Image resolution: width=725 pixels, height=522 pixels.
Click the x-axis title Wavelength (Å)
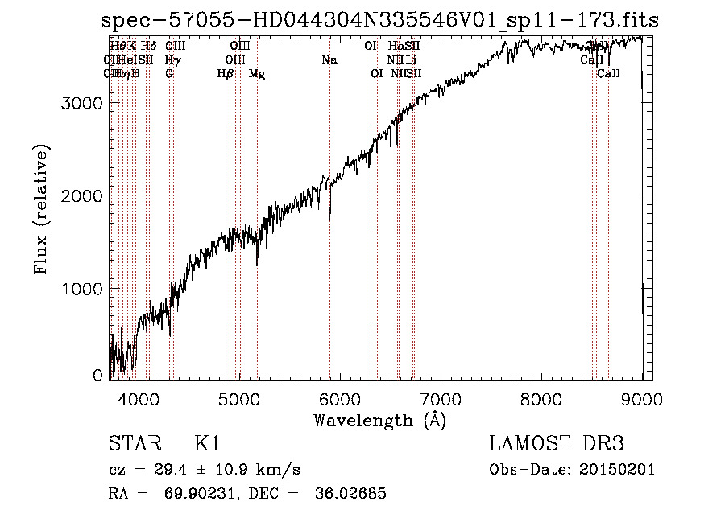pyautogui.click(x=379, y=420)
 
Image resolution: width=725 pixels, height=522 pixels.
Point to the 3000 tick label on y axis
pyautogui.click(x=83, y=104)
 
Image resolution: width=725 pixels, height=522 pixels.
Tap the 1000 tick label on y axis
pyautogui.click(x=83, y=289)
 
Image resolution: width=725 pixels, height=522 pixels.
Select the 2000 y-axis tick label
pyautogui.click(x=83, y=196)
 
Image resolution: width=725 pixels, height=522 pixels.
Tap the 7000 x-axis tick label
pyautogui.click(x=440, y=398)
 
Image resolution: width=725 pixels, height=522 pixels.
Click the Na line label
pyautogui.click(x=329, y=60)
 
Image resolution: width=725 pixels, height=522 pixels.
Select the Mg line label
pyautogui.click(x=257, y=74)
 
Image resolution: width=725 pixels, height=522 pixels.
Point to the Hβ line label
pyautogui.click(x=226, y=74)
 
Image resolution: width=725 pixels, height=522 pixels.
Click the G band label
pyautogui.click(x=169, y=74)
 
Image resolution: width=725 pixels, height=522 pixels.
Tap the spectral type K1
pyautogui.click(x=207, y=445)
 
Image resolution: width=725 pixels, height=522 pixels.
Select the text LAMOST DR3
pyautogui.click(x=557, y=445)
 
